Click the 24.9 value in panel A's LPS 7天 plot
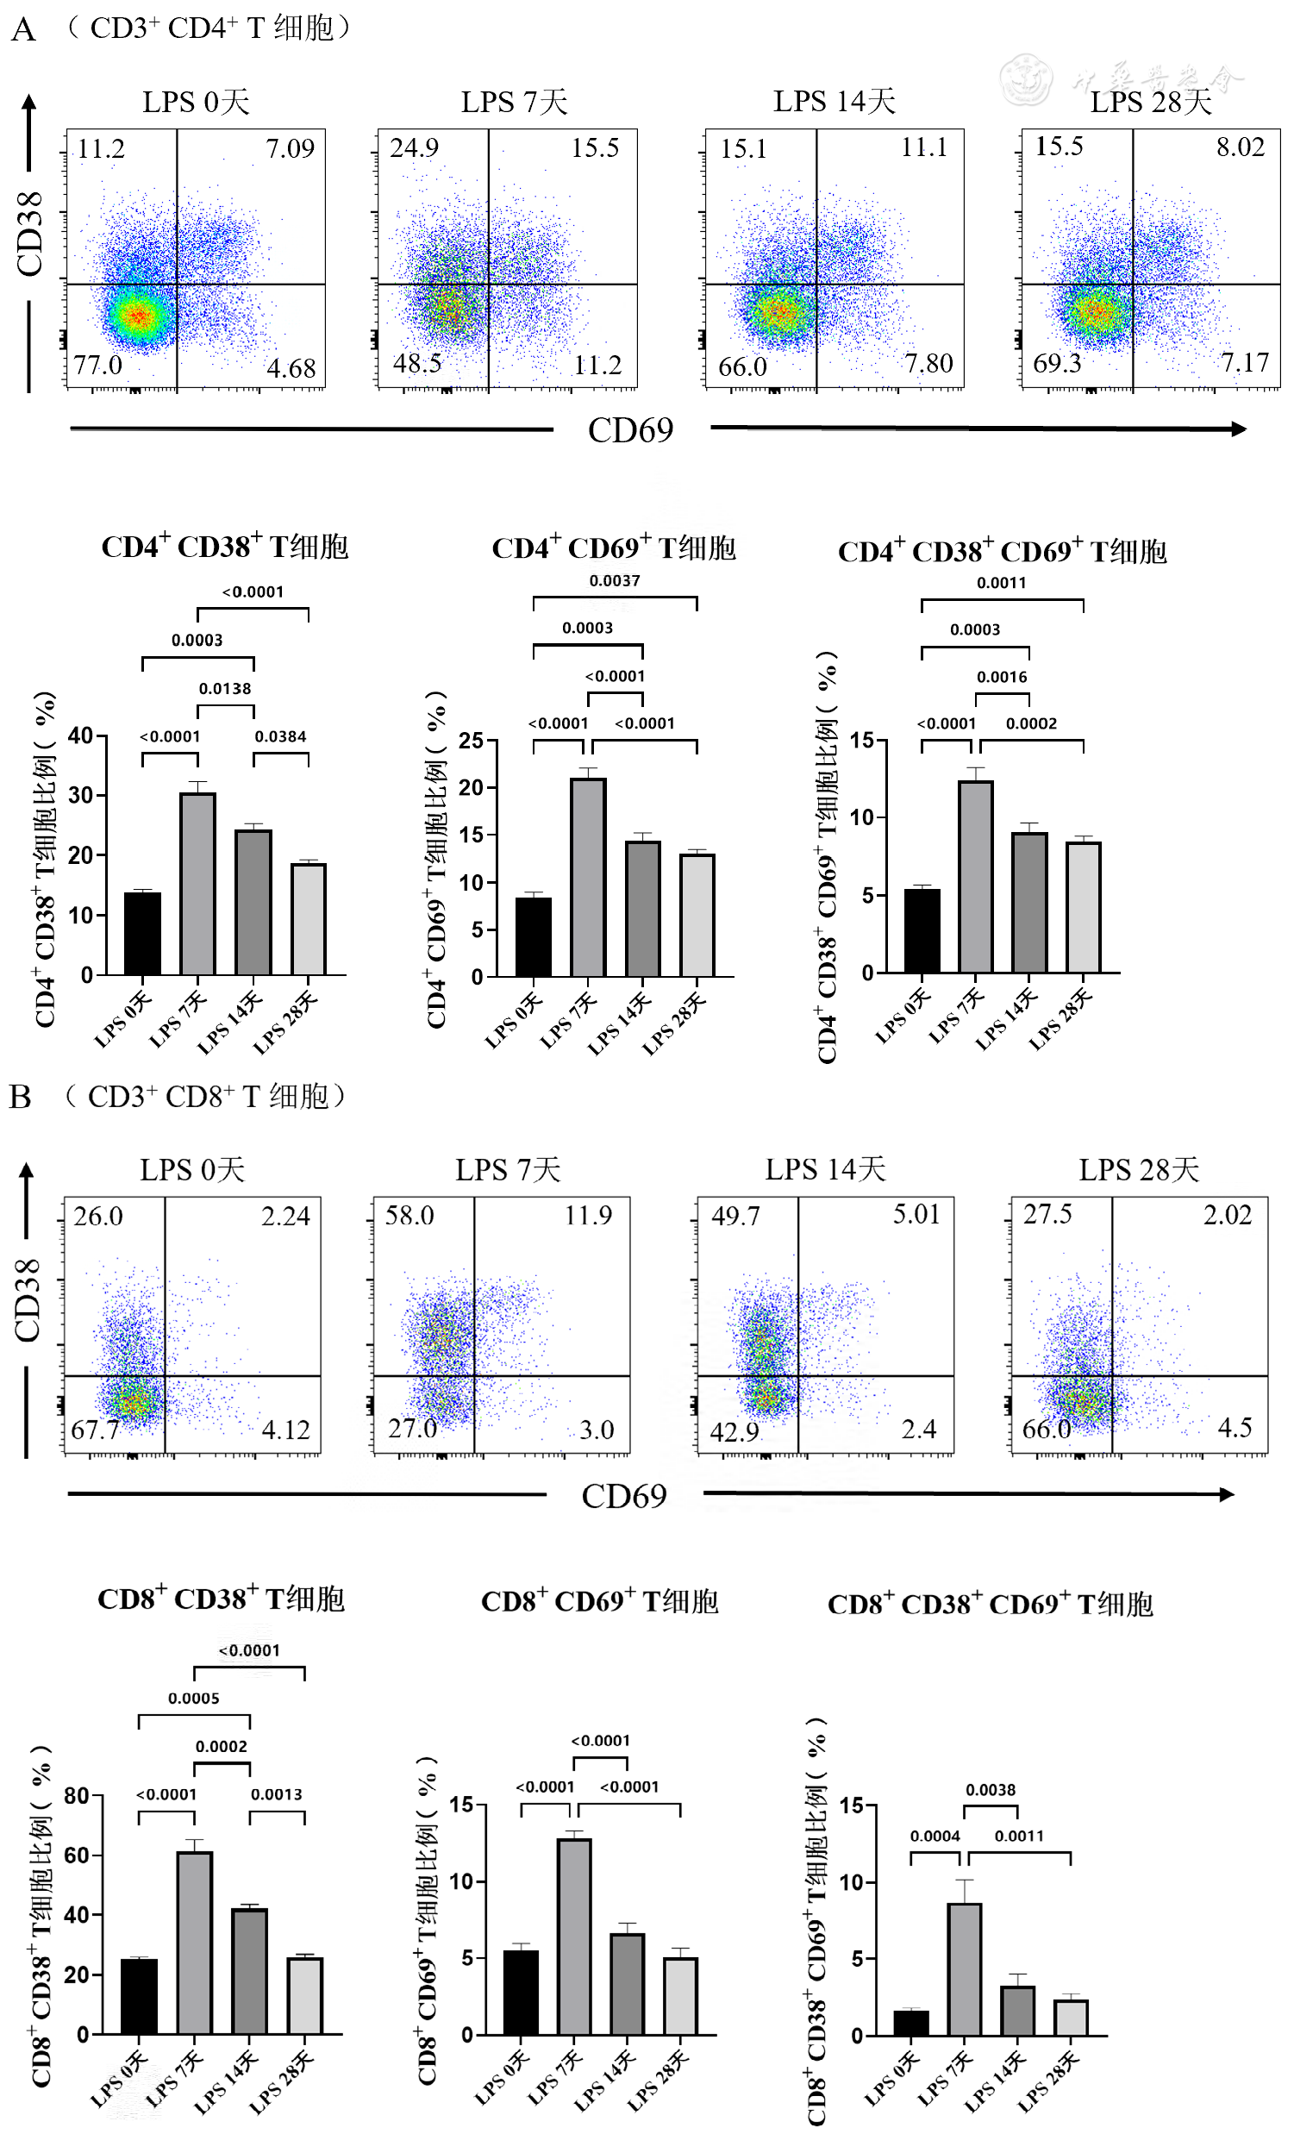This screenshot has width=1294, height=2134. (414, 148)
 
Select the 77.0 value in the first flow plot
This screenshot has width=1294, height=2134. (98, 365)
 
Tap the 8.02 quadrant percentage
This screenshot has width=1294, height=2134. (1240, 147)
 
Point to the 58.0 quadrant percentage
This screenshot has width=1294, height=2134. (409, 1215)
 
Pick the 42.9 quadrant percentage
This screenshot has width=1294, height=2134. (735, 1431)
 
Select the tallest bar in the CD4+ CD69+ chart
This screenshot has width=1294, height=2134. (588, 877)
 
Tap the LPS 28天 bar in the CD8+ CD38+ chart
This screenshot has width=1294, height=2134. (305, 1994)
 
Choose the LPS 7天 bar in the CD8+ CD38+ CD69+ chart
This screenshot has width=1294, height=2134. (964, 1968)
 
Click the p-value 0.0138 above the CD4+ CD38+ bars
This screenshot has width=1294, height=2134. (224, 689)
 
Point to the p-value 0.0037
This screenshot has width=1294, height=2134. (614, 580)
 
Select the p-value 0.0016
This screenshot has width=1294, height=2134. (1001, 676)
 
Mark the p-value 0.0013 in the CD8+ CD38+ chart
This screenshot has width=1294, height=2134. (276, 1793)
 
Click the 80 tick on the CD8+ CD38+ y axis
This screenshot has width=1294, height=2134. (77, 1795)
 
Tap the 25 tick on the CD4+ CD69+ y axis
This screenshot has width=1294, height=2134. (472, 741)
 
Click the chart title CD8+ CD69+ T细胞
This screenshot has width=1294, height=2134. (599, 1601)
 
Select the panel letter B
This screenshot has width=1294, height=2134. (20, 1098)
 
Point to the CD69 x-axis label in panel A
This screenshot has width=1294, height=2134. (629, 430)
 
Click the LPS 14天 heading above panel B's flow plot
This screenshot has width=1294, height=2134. (824, 1170)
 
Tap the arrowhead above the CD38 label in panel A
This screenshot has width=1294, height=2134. (29, 103)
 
